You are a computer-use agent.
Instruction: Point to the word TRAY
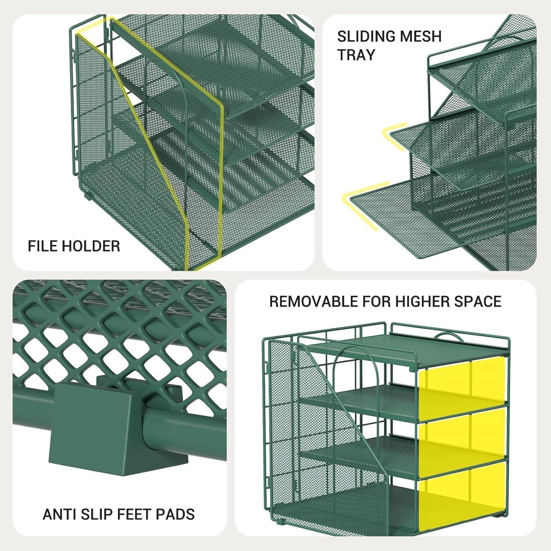(x=356, y=55)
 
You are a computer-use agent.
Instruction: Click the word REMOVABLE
(x=314, y=302)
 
